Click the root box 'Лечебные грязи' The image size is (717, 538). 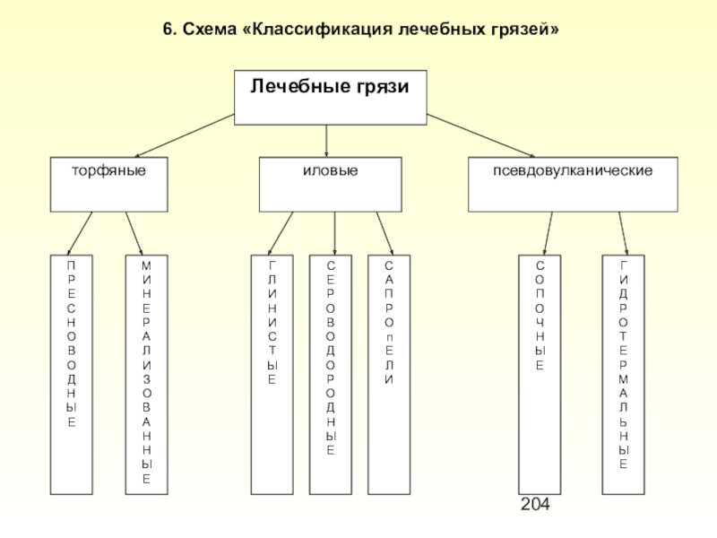(330, 98)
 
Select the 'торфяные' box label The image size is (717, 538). (108, 170)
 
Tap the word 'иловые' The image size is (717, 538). (330, 170)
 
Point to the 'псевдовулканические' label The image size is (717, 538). (573, 170)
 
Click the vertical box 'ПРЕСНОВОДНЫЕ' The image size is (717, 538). (72, 375)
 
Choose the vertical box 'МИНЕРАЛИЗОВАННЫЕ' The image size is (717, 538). (147, 375)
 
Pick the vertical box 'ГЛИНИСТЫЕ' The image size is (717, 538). (272, 375)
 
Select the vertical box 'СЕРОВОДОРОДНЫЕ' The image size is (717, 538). (331, 375)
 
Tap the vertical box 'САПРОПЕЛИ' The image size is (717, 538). (389, 375)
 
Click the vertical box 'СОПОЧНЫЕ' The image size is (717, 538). (540, 375)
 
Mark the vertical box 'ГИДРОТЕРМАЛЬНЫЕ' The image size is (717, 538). (623, 375)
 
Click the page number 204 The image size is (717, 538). (535, 504)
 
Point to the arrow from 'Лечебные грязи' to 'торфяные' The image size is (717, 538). (185, 136)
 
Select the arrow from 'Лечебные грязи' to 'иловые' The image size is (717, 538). (326, 142)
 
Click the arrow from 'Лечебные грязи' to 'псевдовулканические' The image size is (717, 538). (480, 136)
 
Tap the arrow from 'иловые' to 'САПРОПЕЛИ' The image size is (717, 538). (385, 233)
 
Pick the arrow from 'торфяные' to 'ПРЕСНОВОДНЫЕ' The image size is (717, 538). (80, 233)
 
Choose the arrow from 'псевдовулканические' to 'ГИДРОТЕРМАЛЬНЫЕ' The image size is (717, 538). (623, 233)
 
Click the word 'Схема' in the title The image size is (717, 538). (208, 30)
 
